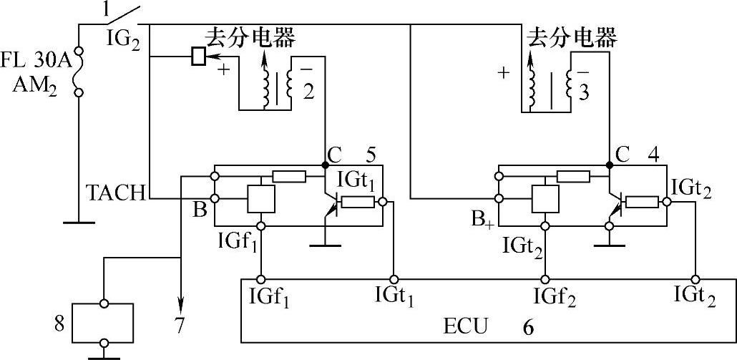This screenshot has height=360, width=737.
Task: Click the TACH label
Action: (x=114, y=193)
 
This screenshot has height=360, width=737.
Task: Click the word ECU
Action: (x=469, y=327)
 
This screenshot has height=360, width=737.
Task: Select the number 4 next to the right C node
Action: (x=652, y=153)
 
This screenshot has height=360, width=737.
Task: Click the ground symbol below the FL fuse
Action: (x=78, y=222)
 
